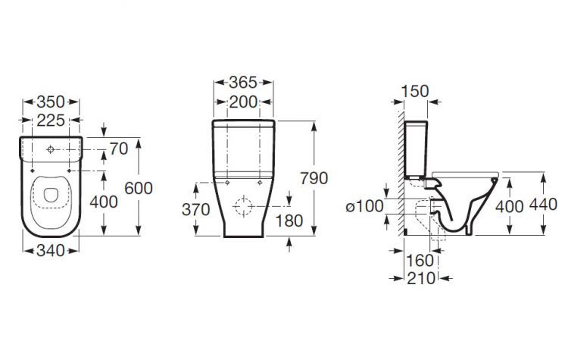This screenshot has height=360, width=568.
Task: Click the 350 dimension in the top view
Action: (51, 102)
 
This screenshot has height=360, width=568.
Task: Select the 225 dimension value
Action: (51, 121)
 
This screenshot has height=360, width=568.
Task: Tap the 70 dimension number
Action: (119, 149)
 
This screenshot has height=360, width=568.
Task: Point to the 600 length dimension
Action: (139, 189)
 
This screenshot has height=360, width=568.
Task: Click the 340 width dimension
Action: (51, 251)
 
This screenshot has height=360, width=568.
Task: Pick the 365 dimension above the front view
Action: (243, 83)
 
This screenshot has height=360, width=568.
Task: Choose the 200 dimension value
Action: (243, 102)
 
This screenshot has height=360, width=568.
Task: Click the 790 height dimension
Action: (314, 178)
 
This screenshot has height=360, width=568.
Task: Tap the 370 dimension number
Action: (196, 209)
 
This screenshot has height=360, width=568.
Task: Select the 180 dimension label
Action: (289, 221)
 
